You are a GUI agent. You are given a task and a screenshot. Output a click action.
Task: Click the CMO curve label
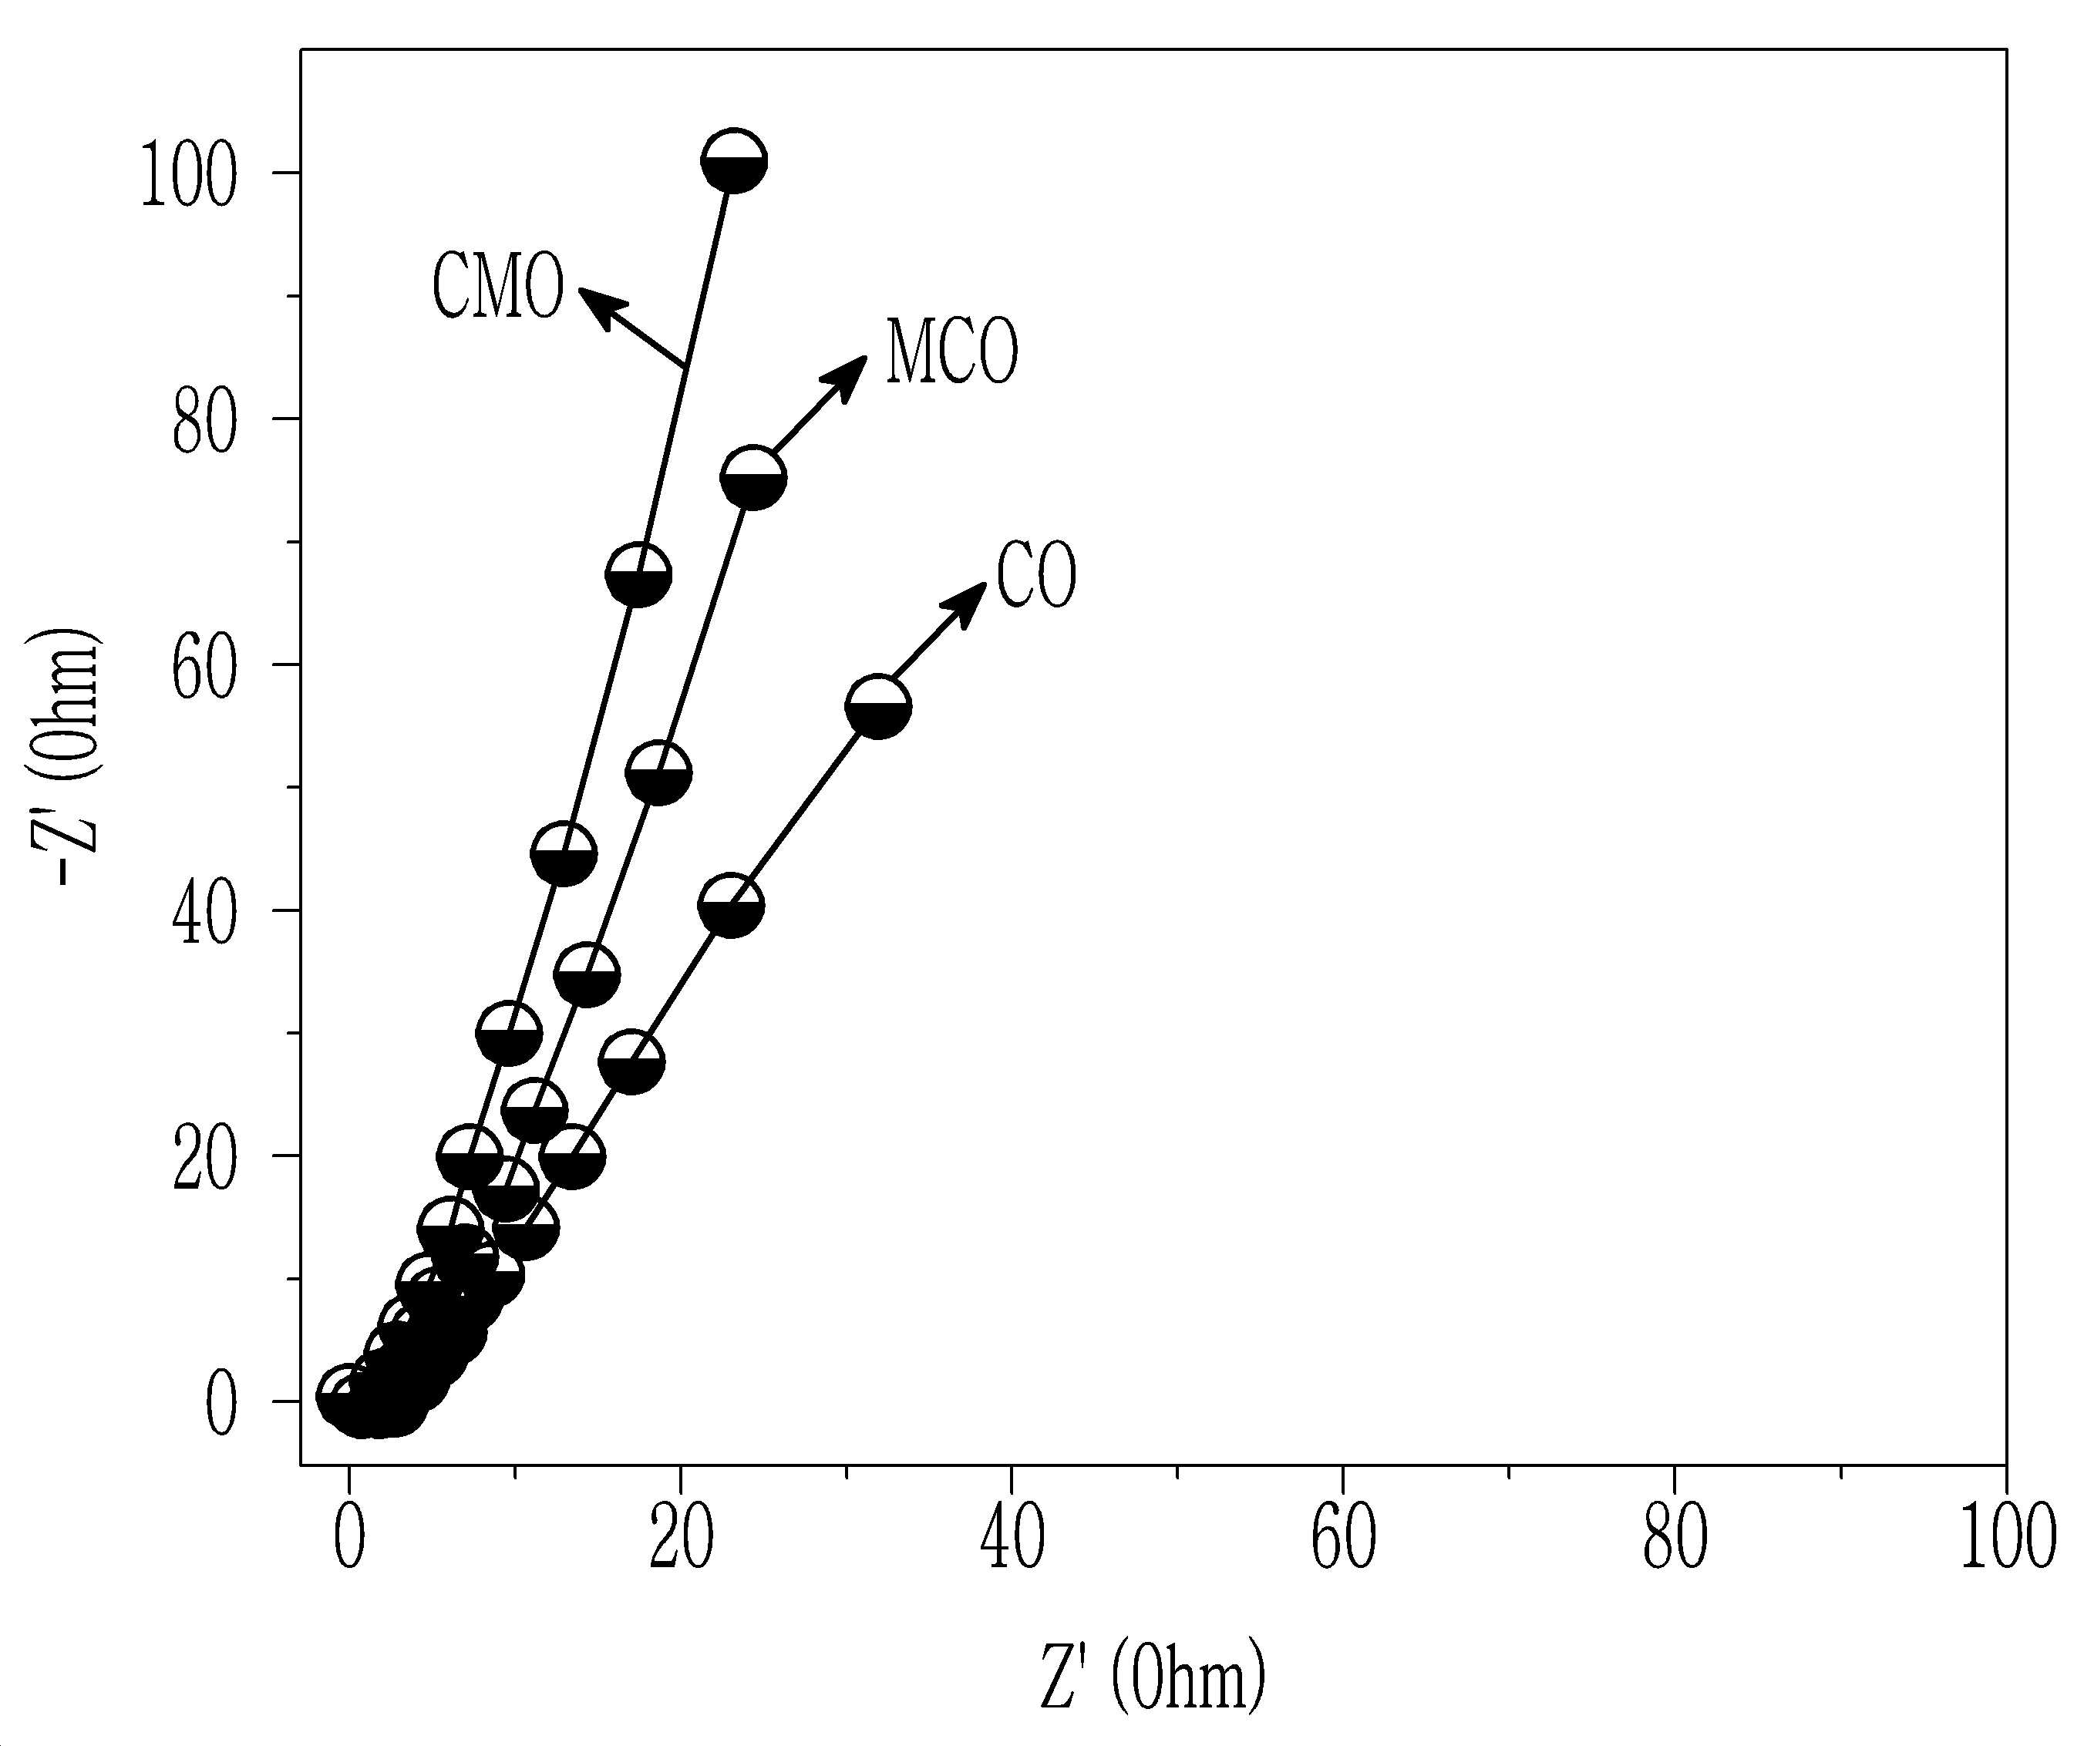pos(497,286)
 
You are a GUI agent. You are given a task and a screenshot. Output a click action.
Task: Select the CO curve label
pos(1036,575)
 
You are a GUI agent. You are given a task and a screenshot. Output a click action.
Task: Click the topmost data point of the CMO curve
pos(733,160)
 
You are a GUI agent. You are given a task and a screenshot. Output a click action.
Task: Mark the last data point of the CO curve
pos(878,706)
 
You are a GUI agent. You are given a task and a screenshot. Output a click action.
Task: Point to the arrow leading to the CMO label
pos(632,326)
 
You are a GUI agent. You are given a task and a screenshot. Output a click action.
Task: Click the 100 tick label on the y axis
pos(189,173)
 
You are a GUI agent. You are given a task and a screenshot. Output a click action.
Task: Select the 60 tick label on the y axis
pos(204,664)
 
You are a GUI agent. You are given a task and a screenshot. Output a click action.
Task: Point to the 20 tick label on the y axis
pos(204,1156)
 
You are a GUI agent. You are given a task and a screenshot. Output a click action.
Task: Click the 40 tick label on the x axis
pos(1012,1539)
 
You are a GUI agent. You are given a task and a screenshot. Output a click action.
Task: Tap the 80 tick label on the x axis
pos(1675,1539)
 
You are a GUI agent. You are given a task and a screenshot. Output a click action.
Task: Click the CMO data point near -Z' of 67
pos(638,574)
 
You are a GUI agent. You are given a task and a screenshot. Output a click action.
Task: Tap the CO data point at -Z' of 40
pos(730,905)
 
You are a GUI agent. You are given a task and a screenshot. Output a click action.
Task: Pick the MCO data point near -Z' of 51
pos(658,773)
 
